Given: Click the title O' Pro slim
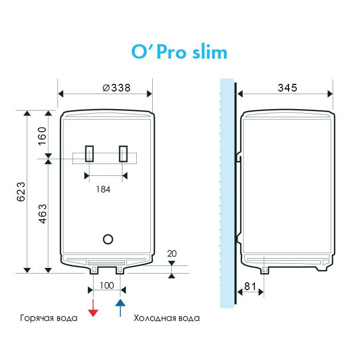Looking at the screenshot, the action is coord(179,52).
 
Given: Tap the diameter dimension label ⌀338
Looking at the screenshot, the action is coord(116,88).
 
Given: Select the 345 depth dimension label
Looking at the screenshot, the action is coord(287,88).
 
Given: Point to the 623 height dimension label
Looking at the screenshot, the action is coord(21,192).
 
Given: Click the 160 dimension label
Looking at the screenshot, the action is coord(42,136).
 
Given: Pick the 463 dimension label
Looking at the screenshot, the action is coord(43,214).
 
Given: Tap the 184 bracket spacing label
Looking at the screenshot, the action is coord(103,189).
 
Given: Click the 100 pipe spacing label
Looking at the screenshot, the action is coord(107,285).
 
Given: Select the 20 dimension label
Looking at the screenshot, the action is coord(172,254).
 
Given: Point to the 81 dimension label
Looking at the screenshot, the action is coord(250,286).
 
